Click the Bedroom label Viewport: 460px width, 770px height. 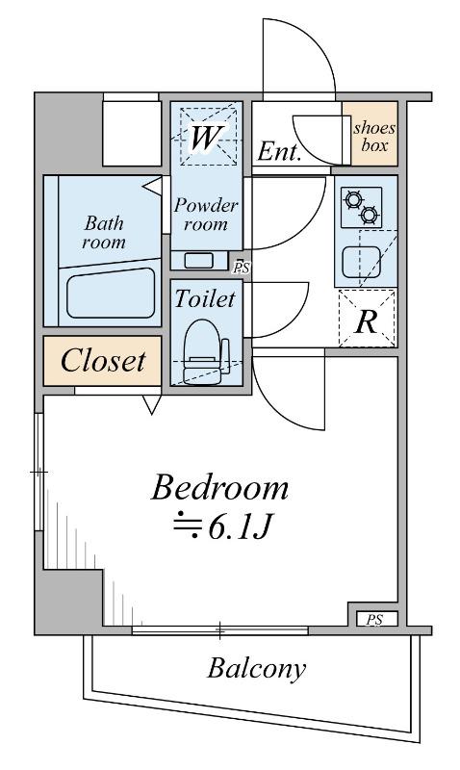(219, 489)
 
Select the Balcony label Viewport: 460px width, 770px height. (256, 669)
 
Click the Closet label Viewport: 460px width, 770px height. (103, 361)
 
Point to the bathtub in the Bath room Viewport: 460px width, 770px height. (111, 293)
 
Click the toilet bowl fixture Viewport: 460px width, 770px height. (204, 351)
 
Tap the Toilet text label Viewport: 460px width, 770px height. (205, 299)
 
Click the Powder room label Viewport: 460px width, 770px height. (206, 215)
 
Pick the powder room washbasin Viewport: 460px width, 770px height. (198, 260)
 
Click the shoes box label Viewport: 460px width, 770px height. (374, 137)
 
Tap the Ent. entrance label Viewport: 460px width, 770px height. (279, 152)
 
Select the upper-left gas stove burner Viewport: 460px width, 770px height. (353, 200)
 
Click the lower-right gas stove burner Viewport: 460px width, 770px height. (370, 215)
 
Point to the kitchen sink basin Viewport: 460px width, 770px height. (361, 262)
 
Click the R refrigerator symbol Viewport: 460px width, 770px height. (367, 322)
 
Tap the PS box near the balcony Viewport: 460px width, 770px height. (374, 619)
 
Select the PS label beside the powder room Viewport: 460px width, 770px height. (242, 269)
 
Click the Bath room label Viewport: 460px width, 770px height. (104, 233)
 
